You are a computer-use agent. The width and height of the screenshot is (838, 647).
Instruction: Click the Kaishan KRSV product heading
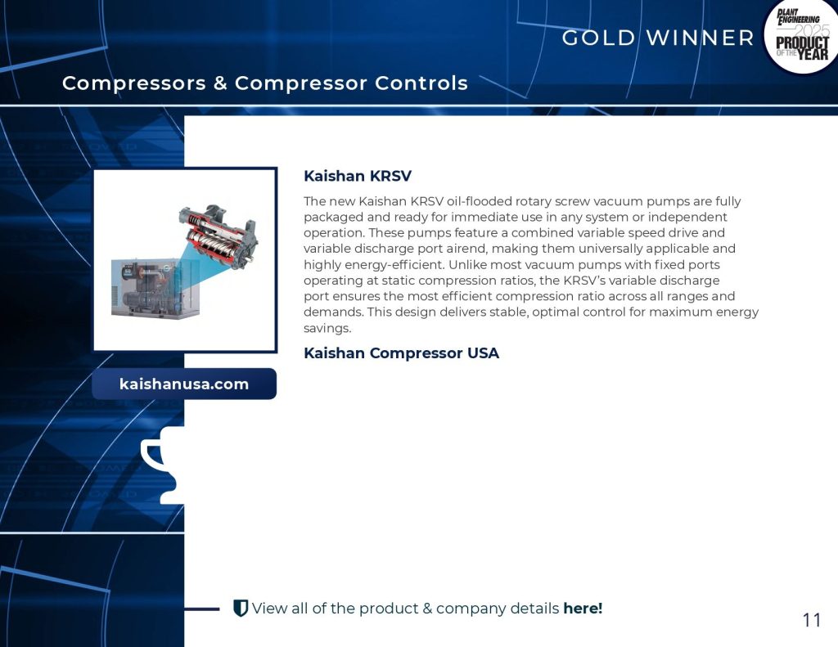(358, 176)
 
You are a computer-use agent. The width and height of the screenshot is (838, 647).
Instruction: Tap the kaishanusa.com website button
(184, 384)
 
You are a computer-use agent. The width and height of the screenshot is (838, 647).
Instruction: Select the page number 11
(812, 620)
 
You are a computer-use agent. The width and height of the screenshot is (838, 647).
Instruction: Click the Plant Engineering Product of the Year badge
(800, 36)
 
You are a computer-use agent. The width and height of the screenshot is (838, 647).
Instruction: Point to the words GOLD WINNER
(658, 38)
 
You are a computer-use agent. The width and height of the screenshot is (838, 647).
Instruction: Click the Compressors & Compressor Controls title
(265, 83)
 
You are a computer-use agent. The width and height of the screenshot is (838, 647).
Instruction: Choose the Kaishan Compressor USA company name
(401, 353)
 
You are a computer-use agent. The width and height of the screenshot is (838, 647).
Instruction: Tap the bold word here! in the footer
(583, 608)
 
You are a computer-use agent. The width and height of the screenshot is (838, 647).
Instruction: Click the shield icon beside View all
(241, 608)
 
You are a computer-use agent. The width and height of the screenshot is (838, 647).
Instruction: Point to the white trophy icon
(163, 465)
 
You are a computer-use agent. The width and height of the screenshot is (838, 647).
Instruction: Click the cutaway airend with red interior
(219, 235)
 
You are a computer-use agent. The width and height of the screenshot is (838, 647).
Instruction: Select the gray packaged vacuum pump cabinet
(155, 289)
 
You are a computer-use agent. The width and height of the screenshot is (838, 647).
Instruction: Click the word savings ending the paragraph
(327, 328)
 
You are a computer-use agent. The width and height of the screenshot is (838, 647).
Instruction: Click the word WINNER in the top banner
(701, 38)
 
